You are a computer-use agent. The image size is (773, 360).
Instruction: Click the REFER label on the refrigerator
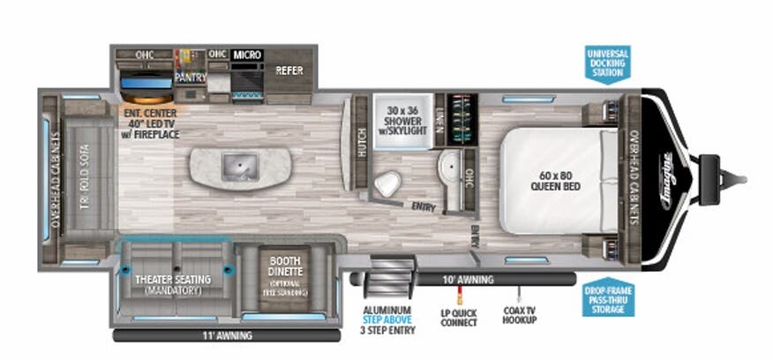coord(289,71)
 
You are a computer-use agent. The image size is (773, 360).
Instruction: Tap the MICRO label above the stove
coord(247,55)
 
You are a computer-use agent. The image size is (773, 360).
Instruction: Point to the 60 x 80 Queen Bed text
coord(554,180)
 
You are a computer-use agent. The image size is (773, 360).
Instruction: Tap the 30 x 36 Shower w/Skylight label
coord(402,119)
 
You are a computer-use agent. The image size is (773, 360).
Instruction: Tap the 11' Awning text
coord(227,335)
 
